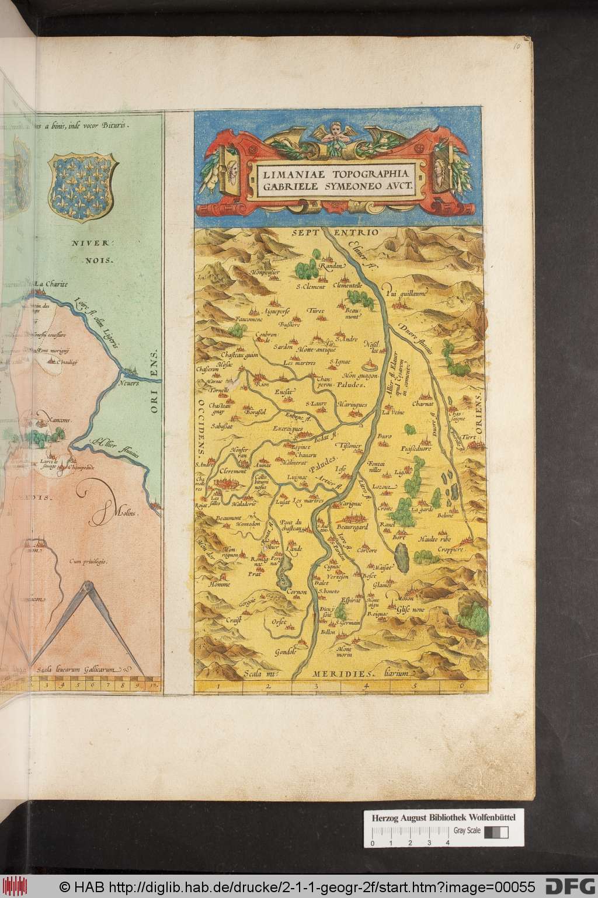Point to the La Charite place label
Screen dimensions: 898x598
(51, 284)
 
